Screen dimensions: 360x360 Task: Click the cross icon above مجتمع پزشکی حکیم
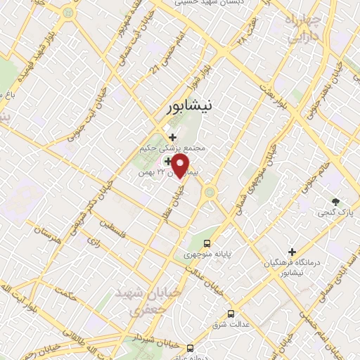172,137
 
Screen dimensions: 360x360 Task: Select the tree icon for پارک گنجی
335,201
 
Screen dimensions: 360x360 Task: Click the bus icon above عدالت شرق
231,314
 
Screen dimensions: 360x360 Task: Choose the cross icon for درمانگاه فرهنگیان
292,251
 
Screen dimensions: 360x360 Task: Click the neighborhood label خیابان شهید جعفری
141,299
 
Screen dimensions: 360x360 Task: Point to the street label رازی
94,240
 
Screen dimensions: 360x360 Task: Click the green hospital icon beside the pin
166,161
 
